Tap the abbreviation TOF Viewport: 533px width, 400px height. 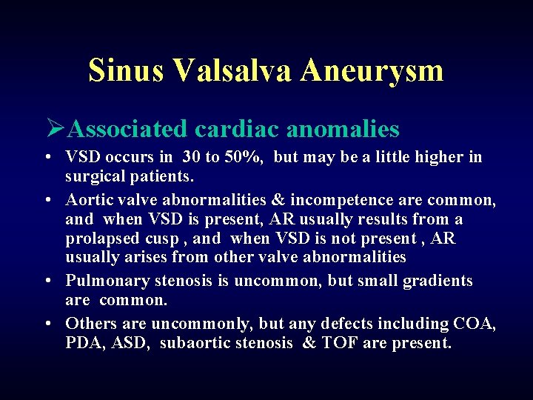339,343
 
